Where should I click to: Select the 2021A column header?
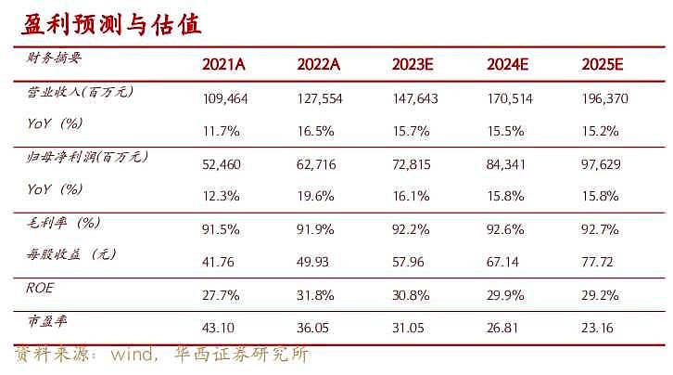(224, 64)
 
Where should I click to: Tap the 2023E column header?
(413, 64)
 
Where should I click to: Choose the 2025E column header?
(603, 64)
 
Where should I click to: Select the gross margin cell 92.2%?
(413, 228)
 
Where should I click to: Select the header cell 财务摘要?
(55, 58)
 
